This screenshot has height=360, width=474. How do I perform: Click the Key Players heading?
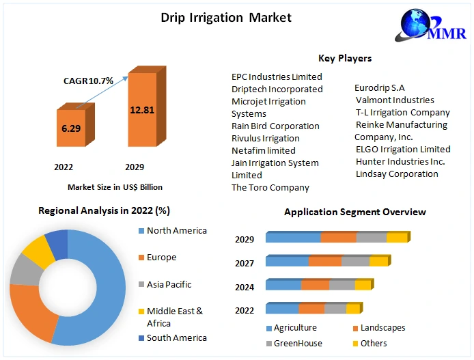(x=345, y=58)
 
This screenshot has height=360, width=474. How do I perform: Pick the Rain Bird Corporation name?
(x=275, y=126)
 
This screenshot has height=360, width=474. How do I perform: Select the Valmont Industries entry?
(x=395, y=100)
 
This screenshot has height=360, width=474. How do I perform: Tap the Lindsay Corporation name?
(x=397, y=174)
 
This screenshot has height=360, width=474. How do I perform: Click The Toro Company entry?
(x=270, y=187)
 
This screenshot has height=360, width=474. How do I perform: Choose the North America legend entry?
(x=176, y=231)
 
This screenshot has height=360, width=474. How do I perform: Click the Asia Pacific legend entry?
(x=169, y=284)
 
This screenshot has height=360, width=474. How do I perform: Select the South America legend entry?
(x=176, y=337)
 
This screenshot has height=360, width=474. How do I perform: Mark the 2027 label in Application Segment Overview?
(x=245, y=263)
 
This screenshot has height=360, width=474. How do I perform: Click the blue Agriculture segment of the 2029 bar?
(x=293, y=238)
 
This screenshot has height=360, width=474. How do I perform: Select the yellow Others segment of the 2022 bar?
(x=352, y=309)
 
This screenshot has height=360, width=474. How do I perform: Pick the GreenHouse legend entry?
(x=298, y=343)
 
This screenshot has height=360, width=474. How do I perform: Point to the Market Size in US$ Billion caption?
(x=115, y=186)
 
